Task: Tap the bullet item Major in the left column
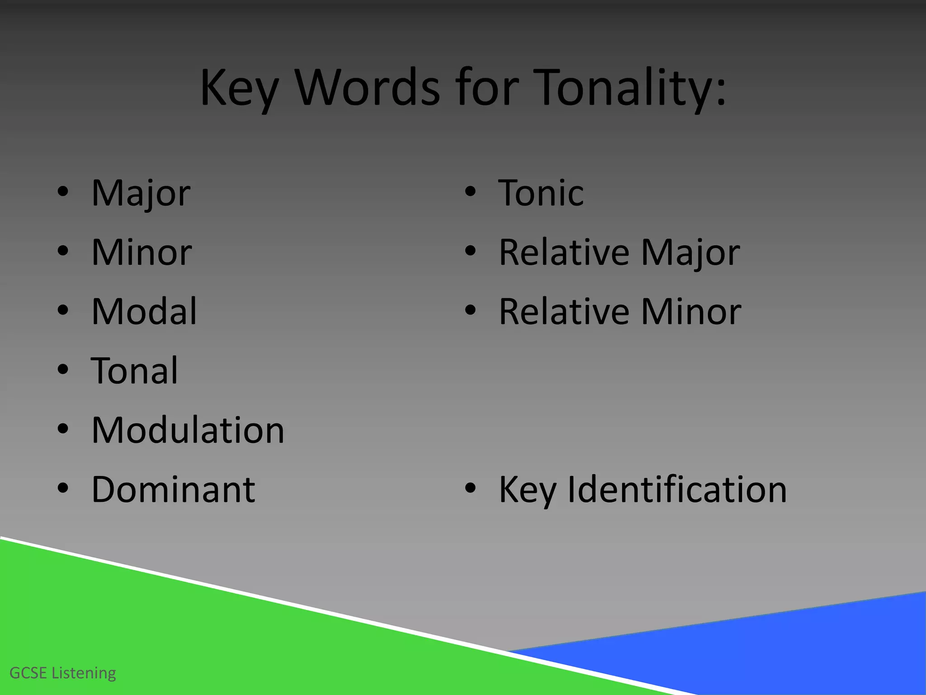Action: tap(141, 193)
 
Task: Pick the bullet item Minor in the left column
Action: tap(142, 252)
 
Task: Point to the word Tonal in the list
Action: tap(135, 371)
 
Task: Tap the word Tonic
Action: tap(541, 193)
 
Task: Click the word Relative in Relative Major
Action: tap(564, 252)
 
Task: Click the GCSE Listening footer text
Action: tap(63, 673)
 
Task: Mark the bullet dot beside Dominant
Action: tap(63, 488)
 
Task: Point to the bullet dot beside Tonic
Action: tap(470, 192)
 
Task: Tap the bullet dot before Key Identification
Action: tap(470, 488)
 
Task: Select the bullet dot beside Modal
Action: tap(63, 310)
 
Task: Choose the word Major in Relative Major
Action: tap(690, 252)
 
